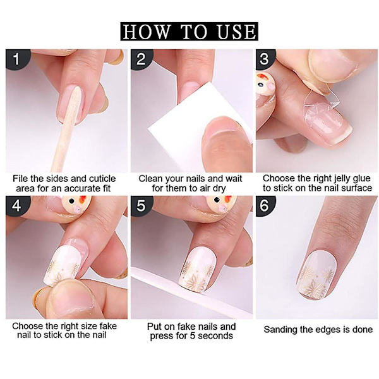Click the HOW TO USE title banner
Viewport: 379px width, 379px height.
pyautogui.click(x=189, y=32)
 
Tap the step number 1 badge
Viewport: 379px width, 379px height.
pyautogui.click(x=17, y=59)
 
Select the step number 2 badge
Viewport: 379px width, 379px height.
pyautogui.click(x=141, y=59)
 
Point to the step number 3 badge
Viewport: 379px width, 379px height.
pyautogui.click(x=265, y=59)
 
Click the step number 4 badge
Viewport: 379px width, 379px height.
pyautogui.click(x=17, y=205)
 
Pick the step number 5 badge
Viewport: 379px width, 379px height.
pyautogui.click(x=141, y=205)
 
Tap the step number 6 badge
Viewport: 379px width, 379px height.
pyautogui.click(x=265, y=205)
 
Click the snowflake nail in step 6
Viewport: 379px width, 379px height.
pyautogui.click(x=317, y=274)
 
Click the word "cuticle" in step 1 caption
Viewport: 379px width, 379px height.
pyautogui.click(x=102, y=179)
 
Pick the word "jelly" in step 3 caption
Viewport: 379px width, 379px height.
pyautogui.click(x=342, y=179)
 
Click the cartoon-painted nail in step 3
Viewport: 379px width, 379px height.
pyautogui.click(x=265, y=89)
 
